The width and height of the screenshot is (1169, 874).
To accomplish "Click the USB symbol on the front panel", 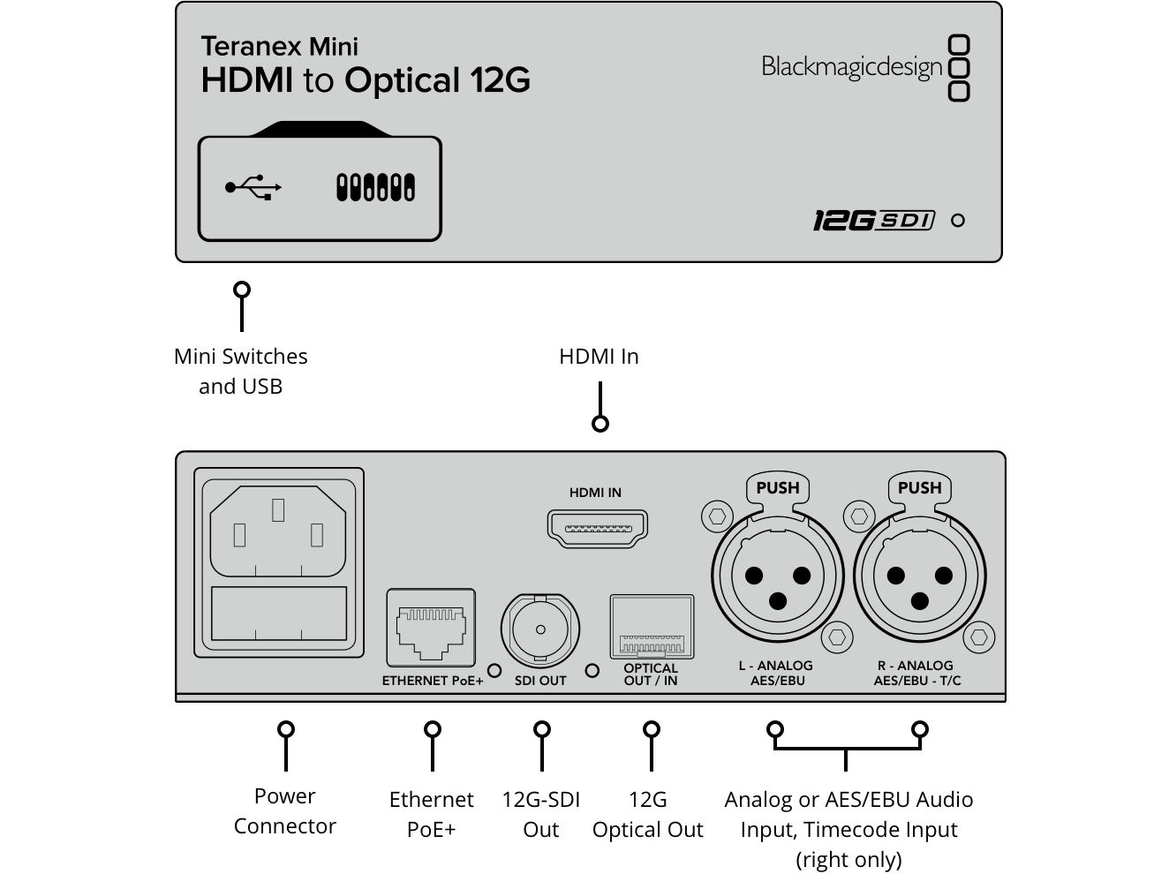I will pos(253,187).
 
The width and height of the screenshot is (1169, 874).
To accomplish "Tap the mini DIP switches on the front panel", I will pos(375,187).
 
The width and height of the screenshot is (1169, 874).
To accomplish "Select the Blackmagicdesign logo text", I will pos(851,67).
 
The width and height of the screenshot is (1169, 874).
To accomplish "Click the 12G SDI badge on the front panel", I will pos(872,220).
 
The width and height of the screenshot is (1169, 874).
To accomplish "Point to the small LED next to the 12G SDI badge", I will pos(958,221).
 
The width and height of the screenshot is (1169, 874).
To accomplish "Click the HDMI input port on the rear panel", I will pos(598,528).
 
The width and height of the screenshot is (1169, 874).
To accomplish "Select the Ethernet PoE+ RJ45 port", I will pos(430,628).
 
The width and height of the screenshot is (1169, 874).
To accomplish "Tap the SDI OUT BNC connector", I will pos(540,630).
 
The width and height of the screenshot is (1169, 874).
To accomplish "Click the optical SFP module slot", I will pos(652,628).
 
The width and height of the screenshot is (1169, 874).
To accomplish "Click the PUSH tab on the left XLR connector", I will pos(777,488).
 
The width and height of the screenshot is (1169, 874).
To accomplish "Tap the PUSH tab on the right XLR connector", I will pos(919,488).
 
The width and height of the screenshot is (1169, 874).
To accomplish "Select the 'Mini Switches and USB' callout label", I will pos(241,371).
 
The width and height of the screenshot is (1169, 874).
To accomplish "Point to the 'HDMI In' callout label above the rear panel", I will pos(599,357).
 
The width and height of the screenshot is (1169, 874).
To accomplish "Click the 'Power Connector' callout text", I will pos(284,810).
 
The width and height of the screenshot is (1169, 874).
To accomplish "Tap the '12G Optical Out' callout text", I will pos(647,814).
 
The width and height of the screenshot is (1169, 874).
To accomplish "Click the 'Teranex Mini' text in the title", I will pos(279,46).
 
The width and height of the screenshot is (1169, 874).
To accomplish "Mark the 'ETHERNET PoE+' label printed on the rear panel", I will pos(433,681).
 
